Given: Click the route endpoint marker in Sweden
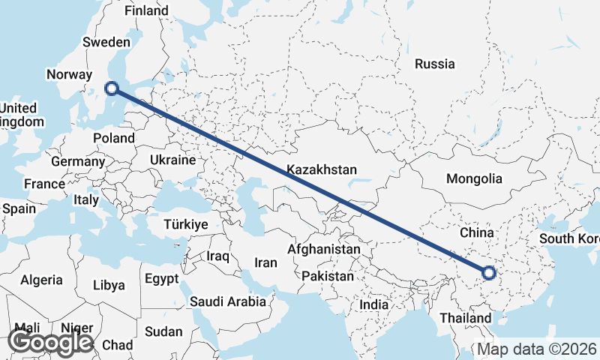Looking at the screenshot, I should (112, 88).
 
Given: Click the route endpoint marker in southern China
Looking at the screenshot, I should (488, 273).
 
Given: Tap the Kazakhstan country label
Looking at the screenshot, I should (322, 170).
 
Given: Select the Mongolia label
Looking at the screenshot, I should (473, 179).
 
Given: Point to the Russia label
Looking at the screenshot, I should (435, 64).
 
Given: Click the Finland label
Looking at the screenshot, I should (146, 11).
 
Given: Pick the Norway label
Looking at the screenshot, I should (68, 74).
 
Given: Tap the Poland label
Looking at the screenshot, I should (114, 138).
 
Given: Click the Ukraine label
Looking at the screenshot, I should (172, 160).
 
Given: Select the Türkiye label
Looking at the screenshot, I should (185, 224).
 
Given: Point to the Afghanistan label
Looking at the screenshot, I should (324, 249).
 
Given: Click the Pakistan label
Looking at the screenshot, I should (327, 276).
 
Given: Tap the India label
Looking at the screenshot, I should (374, 305).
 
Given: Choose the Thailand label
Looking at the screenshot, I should (466, 319).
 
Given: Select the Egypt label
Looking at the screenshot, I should (161, 279).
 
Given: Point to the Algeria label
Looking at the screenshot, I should (41, 280).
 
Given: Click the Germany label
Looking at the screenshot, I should (78, 161).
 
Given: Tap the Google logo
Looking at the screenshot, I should (51, 342).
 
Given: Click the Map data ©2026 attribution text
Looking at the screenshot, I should (538, 349).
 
